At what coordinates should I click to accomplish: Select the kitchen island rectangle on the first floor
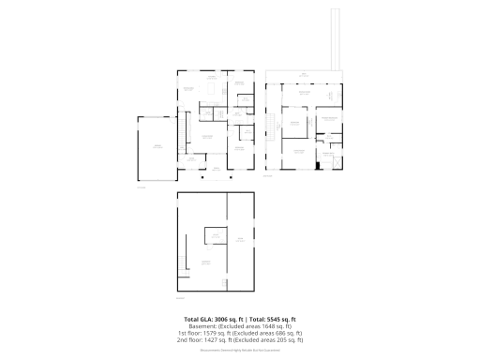point(210,91)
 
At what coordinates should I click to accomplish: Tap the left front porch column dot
point(200,177)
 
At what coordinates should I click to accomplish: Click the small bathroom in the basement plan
point(215,235)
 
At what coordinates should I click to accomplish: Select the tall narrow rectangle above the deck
point(334,38)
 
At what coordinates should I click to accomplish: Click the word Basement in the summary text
point(203,326)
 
